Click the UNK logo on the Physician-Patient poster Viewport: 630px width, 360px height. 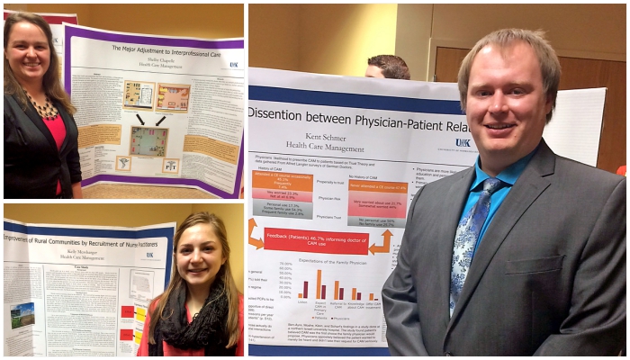462,142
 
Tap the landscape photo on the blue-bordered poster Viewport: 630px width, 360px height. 21,315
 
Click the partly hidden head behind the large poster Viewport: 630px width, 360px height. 388,67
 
